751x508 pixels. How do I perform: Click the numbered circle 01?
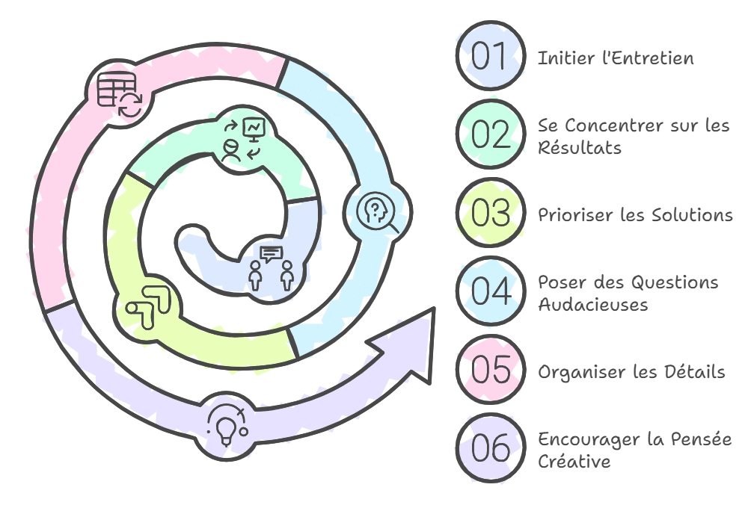tap(491, 55)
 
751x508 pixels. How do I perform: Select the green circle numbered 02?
tap(491, 134)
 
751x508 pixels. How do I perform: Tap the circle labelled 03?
tap(491, 212)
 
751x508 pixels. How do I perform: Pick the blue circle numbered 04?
tap(491, 291)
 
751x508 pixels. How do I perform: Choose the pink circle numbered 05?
tap(491, 369)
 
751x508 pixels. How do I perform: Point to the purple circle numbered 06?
tap(491, 447)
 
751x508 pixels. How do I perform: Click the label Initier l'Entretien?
tap(616, 58)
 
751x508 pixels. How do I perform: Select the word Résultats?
tap(580, 147)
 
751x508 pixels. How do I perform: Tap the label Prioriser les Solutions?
tap(635, 214)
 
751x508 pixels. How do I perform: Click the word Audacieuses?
tap(593, 304)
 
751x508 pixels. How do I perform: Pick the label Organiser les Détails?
tap(631, 372)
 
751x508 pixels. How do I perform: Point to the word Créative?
tap(574, 461)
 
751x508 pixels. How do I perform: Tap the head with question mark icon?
tap(378, 212)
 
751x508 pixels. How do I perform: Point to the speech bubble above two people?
tap(271, 254)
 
